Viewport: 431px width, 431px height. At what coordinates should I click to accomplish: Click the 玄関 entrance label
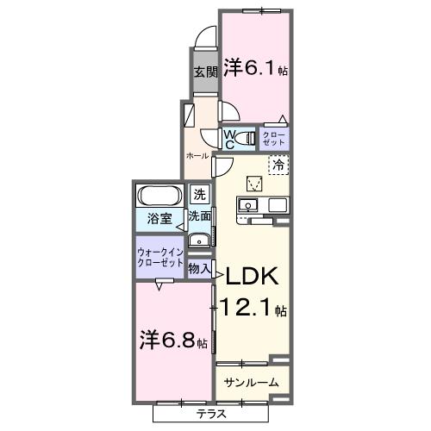pyautogui.click(x=203, y=72)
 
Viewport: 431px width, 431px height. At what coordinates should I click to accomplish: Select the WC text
pyautogui.click(x=230, y=138)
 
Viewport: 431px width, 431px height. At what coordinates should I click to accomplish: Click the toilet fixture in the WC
pyautogui.click(x=247, y=138)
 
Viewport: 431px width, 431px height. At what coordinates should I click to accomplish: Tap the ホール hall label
pyautogui.click(x=197, y=155)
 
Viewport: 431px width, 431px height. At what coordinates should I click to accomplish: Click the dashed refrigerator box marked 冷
pyautogui.click(x=278, y=163)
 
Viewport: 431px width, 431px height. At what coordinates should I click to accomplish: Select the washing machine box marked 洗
pyautogui.click(x=199, y=195)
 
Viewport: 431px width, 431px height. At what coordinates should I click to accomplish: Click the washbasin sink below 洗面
pyautogui.click(x=199, y=240)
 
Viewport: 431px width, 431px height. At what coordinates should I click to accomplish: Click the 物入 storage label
pyautogui.click(x=199, y=270)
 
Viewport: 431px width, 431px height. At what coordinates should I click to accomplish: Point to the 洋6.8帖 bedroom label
pyautogui.click(x=173, y=340)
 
